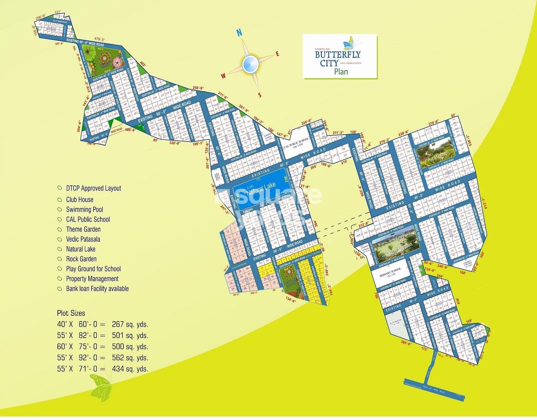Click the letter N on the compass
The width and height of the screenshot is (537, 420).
click(239, 33)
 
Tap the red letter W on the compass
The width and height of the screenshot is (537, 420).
click(223, 76)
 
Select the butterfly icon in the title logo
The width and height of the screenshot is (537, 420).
click(352, 43)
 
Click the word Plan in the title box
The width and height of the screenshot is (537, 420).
click(341, 72)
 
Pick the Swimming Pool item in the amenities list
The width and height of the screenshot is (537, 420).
click(84, 209)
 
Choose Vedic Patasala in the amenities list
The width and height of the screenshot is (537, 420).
click(83, 239)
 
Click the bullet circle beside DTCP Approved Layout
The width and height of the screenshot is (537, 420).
click(60, 188)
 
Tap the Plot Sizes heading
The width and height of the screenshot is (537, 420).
click(71, 313)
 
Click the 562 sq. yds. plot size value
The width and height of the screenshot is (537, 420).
click(130, 358)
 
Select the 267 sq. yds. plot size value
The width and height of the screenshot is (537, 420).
click(130, 324)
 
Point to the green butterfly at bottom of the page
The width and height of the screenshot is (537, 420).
click(101, 387)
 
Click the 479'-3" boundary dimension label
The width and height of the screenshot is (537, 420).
click(99, 39)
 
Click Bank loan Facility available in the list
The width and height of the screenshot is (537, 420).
click(97, 289)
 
